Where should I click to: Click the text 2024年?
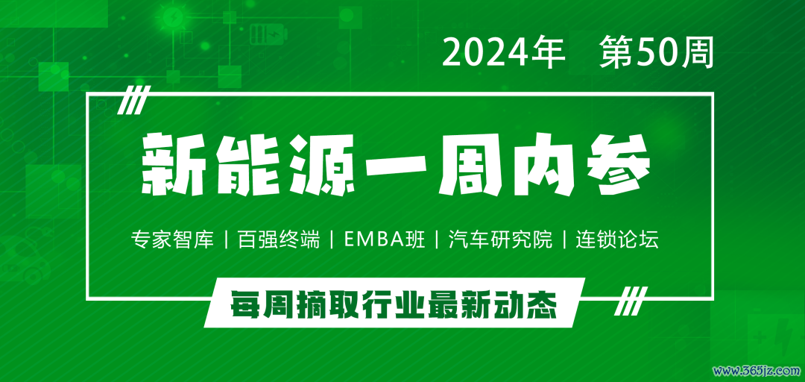point(503,53)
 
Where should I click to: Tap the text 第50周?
point(657,53)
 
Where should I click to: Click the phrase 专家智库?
point(172,240)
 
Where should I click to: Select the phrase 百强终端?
point(279,240)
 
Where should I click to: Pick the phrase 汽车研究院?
point(501,240)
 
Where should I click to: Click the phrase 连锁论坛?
point(617,240)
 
